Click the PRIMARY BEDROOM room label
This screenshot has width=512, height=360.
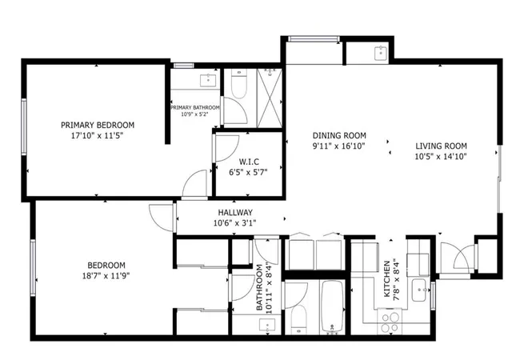(x=98, y=125)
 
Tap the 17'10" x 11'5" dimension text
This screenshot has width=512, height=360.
(x=98, y=135)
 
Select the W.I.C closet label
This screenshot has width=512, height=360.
(x=249, y=162)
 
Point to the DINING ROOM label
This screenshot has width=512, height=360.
(x=339, y=135)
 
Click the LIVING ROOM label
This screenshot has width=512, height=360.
(x=441, y=146)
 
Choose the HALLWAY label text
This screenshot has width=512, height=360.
(x=235, y=213)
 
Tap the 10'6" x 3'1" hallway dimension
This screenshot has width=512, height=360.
(x=234, y=223)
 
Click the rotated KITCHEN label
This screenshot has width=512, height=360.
(x=387, y=278)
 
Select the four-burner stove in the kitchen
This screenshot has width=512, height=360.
(x=390, y=322)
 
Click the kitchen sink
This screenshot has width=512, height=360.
(x=419, y=290)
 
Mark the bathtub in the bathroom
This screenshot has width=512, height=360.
(x=332, y=307)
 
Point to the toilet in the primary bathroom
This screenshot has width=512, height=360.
(x=238, y=84)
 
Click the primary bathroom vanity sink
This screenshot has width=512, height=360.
(x=207, y=80)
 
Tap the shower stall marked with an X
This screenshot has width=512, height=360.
(x=270, y=98)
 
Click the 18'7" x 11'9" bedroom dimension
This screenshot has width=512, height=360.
(x=106, y=276)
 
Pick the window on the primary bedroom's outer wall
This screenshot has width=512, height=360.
(x=24, y=126)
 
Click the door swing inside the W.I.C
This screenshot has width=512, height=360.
(x=226, y=149)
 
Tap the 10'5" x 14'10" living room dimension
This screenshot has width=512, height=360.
(x=441, y=157)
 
